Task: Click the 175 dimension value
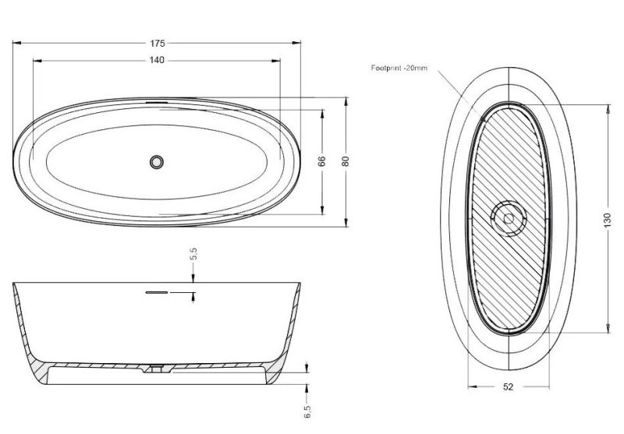158,43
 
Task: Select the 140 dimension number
157,60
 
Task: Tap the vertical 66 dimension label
322,161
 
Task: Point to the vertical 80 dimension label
345,161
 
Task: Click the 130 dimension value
607,221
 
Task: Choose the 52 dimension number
509,386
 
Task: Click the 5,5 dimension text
193,253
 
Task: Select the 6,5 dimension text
307,411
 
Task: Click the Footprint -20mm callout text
399,68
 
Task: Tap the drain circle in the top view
157,162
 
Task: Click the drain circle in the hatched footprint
509,218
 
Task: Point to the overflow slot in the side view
157,292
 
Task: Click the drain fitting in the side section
157,368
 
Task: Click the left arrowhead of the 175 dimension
16,43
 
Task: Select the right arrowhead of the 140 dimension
276,61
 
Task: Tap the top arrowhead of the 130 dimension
608,108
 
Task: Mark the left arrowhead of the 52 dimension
473,386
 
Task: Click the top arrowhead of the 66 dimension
322,114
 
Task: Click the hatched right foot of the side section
275,372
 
